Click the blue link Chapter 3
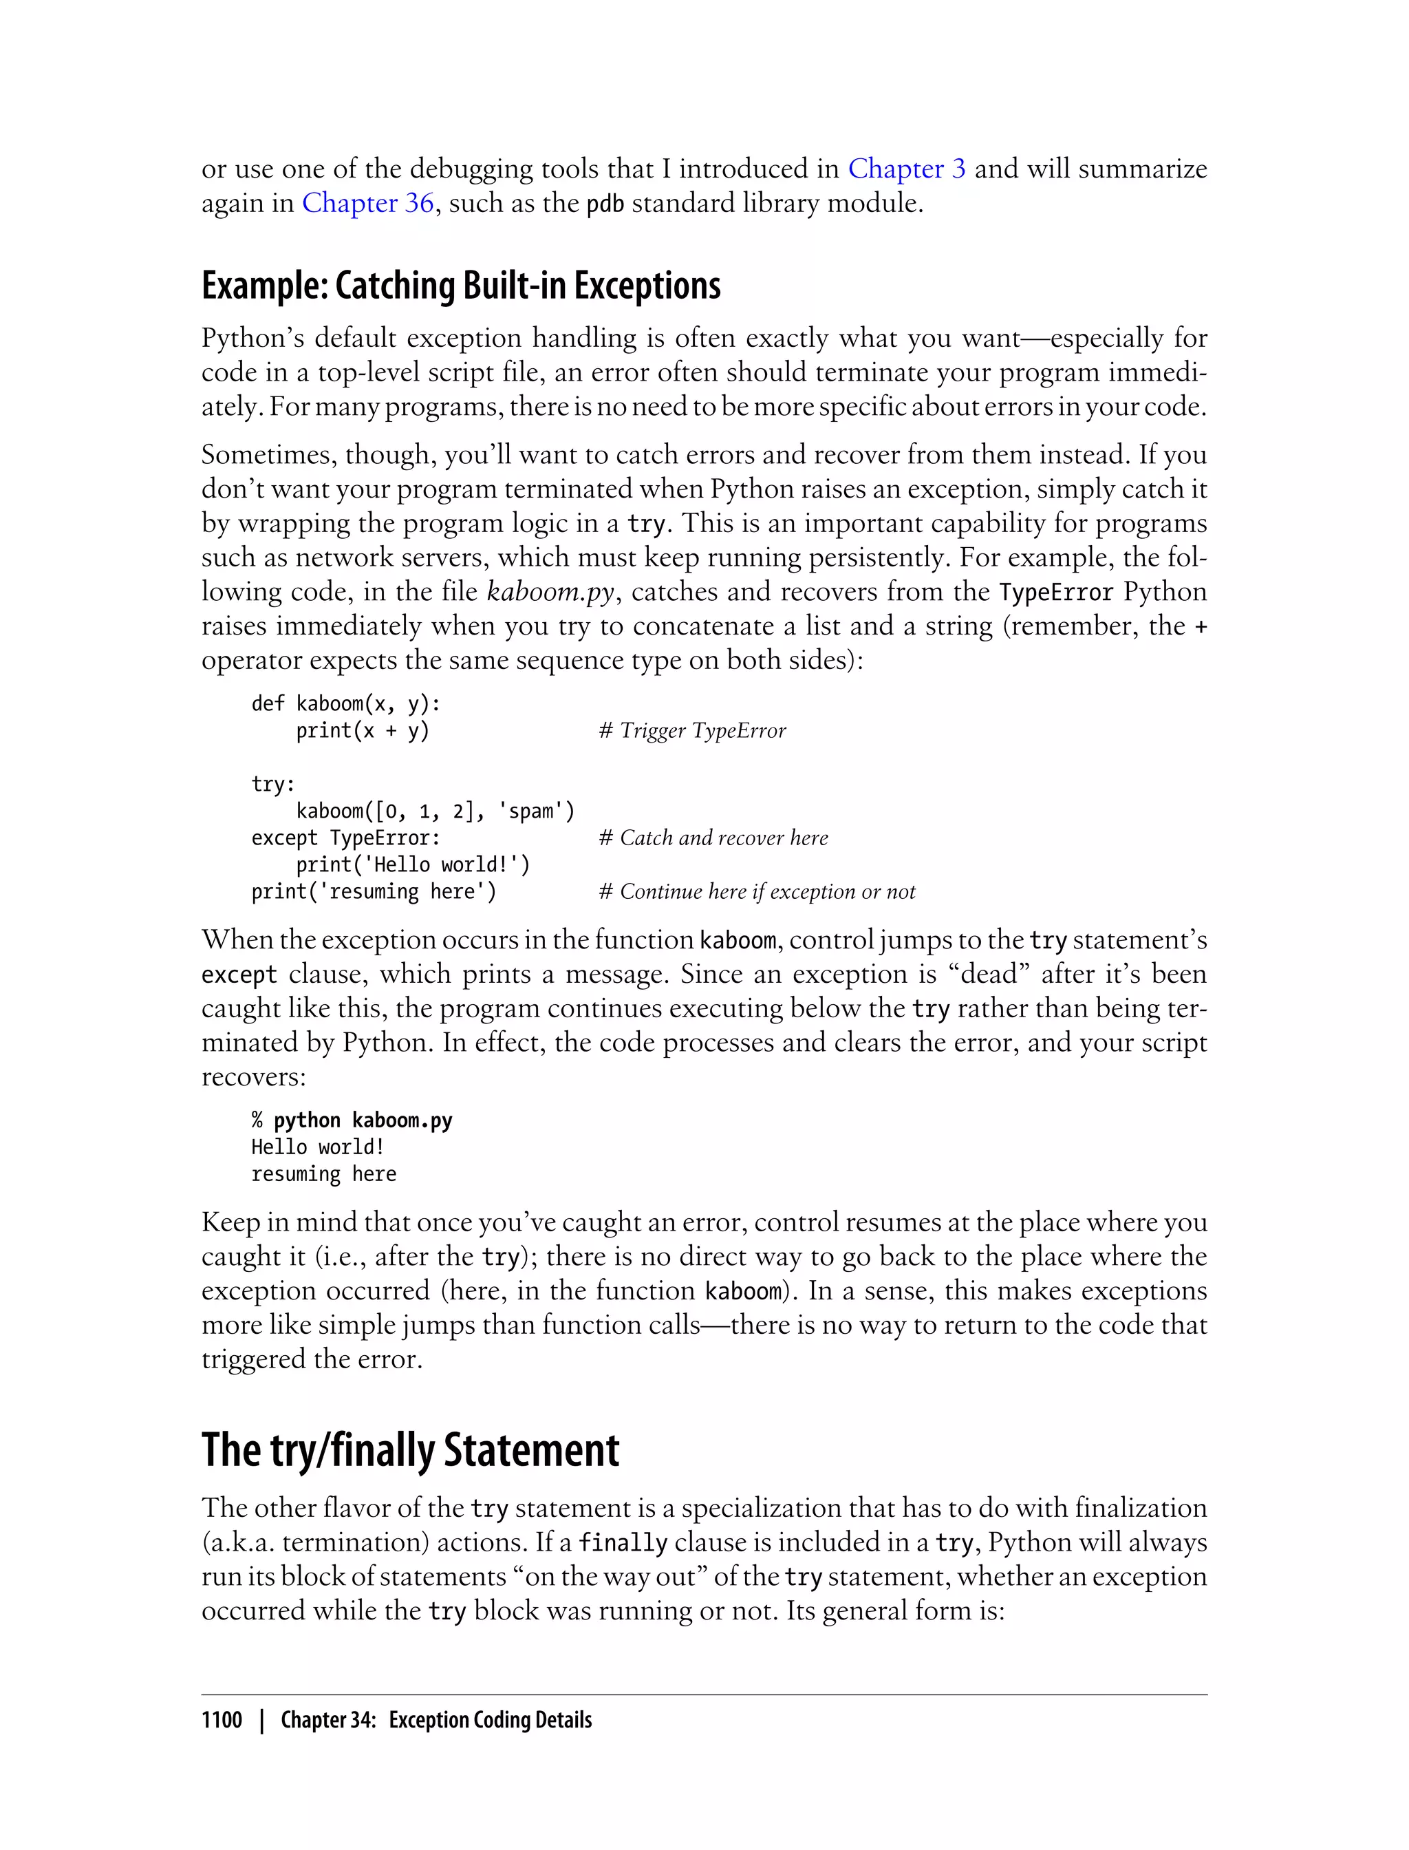(907, 169)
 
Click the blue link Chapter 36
(367, 203)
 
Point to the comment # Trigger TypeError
(692, 731)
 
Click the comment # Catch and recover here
(713, 838)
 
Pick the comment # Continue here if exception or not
(757, 892)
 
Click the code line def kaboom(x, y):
(345, 704)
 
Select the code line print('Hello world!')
(413, 865)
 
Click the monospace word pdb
(605, 204)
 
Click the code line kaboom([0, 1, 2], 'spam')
(435, 811)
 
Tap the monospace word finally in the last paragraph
(623, 1543)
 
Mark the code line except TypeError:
(345, 838)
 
